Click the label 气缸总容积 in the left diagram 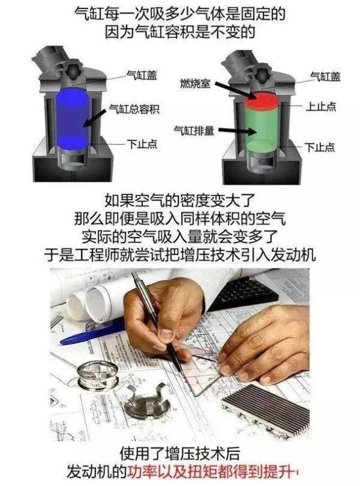[x=134, y=109]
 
